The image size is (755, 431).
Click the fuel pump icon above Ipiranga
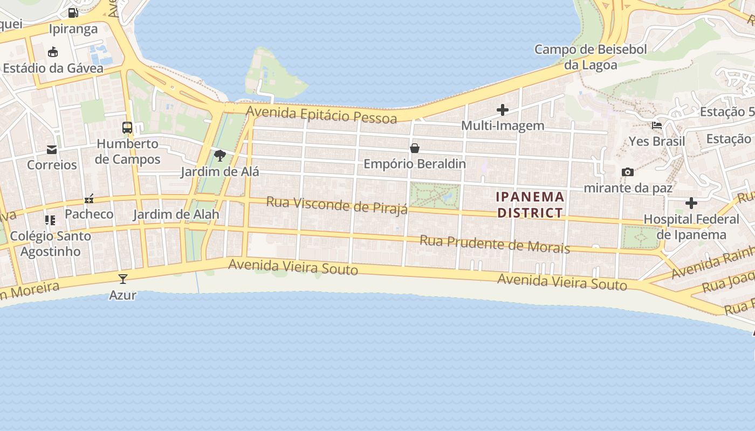[x=73, y=12]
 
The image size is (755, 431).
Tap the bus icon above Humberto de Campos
[x=127, y=128]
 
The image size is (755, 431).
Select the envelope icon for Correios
[x=52, y=149]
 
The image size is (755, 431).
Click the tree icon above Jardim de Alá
[x=219, y=156]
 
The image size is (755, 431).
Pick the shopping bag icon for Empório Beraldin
[x=414, y=148]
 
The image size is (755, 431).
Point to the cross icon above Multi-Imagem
[x=503, y=110]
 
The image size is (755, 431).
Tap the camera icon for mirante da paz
[x=628, y=172]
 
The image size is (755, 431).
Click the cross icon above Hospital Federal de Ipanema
[x=691, y=203]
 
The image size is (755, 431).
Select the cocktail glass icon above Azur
[x=123, y=279]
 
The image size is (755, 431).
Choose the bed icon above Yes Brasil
[x=657, y=126]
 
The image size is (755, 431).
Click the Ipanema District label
[x=530, y=205]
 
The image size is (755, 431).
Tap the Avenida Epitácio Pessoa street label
[x=321, y=114]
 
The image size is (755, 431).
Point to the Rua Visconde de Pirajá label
[x=337, y=205]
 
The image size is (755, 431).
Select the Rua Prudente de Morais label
[x=495, y=244]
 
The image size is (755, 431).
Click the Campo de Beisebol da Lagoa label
[x=591, y=57]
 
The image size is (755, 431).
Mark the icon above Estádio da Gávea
[x=53, y=52]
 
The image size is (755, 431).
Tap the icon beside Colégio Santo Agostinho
[x=50, y=220]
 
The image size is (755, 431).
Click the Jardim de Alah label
[x=176, y=214]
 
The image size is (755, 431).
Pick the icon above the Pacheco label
[x=89, y=199]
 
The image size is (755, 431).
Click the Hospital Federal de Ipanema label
[x=691, y=227]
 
